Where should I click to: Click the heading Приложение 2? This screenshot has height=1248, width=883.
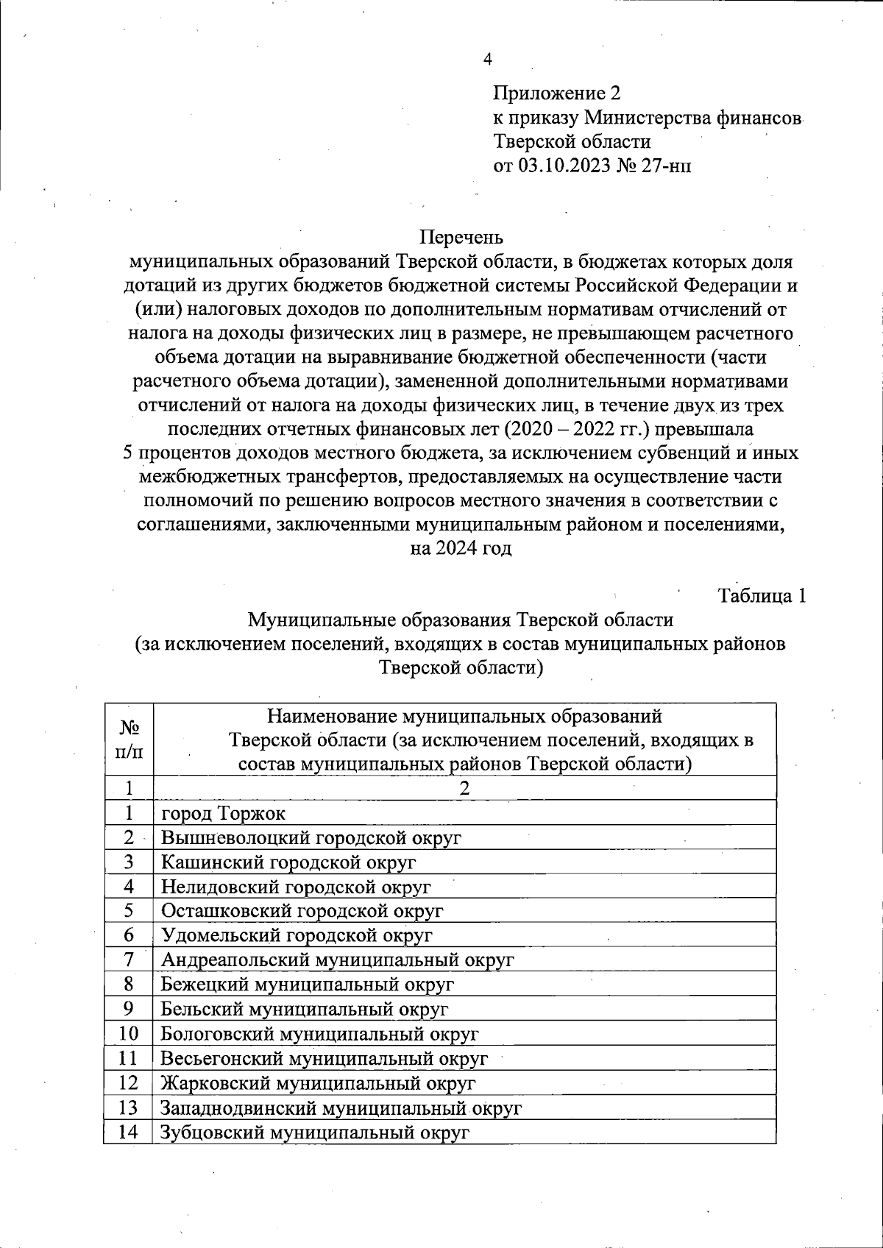[556, 93]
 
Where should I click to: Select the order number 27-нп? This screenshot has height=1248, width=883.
[667, 166]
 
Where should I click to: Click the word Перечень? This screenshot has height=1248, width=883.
[461, 238]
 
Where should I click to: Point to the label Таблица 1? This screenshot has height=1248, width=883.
[762, 596]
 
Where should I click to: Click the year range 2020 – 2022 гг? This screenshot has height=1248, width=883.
[582, 429]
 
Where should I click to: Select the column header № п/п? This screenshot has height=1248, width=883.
[130, 740]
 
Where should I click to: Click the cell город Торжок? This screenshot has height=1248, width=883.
[223, 813]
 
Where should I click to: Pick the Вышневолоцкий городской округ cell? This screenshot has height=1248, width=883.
[311, 837]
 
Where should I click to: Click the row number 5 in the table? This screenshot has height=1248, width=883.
[129, 910]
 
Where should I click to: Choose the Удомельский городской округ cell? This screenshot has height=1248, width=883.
[297, 935]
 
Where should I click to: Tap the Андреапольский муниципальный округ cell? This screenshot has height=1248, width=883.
[337, 960]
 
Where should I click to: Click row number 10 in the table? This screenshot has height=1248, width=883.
[129, 1033]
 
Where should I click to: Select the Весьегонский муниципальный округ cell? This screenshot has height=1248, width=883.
[324, 1058]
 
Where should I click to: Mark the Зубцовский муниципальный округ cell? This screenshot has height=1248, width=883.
[315, 1132]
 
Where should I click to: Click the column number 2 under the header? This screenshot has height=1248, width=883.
[464, 788]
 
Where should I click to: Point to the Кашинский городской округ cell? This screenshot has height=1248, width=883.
[288, 862]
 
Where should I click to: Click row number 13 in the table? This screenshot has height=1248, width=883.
[129, 1107]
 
